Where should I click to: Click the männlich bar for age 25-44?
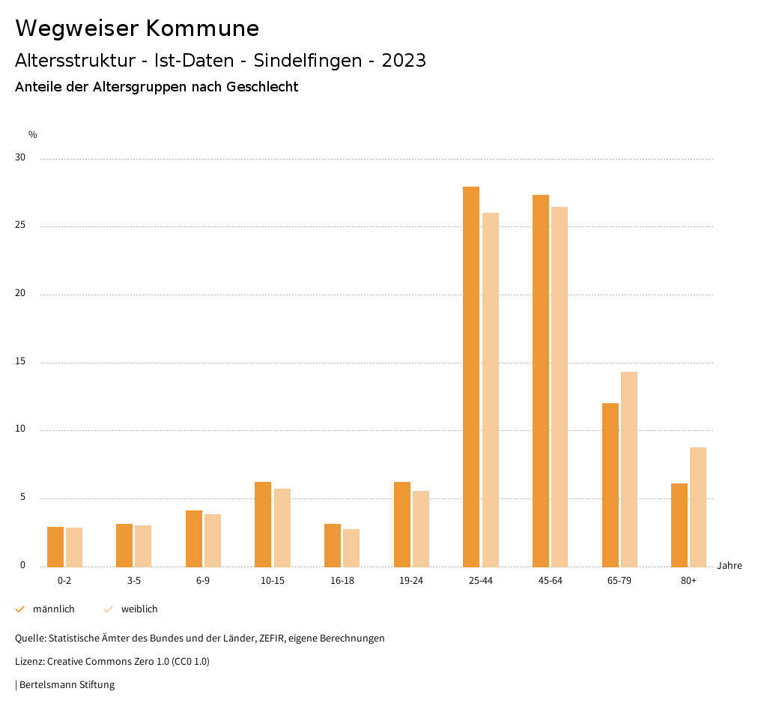coord(471,376)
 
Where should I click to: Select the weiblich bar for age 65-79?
coord(629,469)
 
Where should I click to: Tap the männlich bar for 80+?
coord(679,525)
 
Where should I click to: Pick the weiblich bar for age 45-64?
coord(560,387)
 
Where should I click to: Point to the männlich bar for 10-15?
coord(263,524)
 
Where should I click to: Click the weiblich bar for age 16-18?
coord(351,548)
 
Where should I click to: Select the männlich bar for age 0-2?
coord(55,546)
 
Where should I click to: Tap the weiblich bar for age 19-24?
coord(421,528)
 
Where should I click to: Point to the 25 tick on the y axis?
coord(20,226)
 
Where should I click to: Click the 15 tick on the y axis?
coord(20,362)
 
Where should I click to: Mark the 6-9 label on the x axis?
coord(203,581)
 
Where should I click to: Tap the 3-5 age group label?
coord(134,581)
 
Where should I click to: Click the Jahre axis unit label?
coord(730,566)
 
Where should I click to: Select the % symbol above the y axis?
coord(33,135)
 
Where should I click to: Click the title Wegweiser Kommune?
coord(137,28)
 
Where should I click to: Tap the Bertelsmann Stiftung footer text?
coord(67,684)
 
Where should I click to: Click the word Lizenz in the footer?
coord(29,662)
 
